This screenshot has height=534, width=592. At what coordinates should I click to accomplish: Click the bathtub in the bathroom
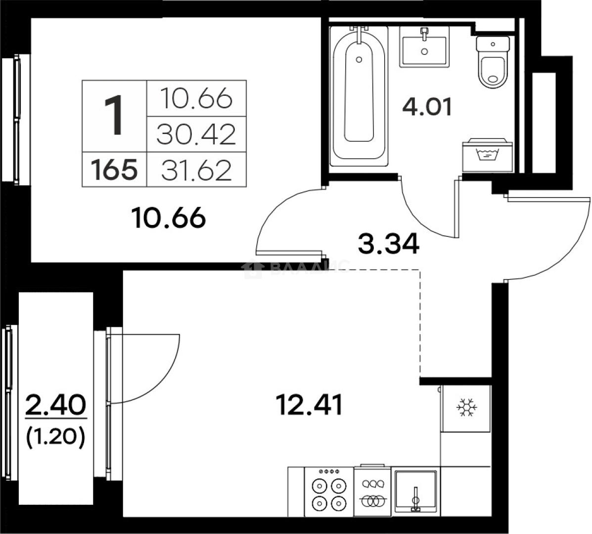point(359,94)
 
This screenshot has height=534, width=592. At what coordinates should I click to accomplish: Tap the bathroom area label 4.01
point(427,107)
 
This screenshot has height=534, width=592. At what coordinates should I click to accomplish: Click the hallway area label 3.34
point(389,244)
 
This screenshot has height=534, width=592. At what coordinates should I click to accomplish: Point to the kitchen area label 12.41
point(309,406)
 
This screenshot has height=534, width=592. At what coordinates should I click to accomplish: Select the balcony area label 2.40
point(55,406)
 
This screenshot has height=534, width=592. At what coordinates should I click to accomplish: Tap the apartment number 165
point(114,171)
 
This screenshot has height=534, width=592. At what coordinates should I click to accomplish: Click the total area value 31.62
point(196,171)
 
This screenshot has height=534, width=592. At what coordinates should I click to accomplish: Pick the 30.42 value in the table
point(196,134)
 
